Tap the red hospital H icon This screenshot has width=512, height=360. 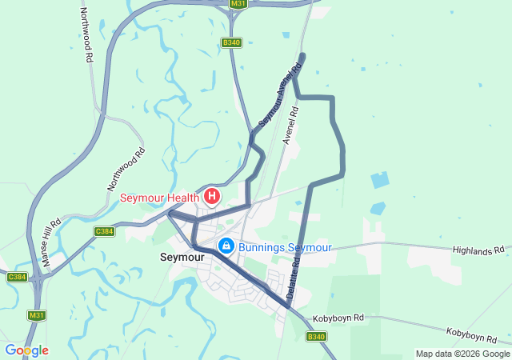[x=212, y=196]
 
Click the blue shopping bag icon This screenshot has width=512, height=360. [x=226, y=246]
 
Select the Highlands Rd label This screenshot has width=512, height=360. [x=478, y=250]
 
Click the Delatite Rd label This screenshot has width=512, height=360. [x=294, y=274]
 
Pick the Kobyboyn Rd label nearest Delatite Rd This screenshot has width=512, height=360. [x=338, y=318]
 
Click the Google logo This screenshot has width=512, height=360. [x=26, y=350]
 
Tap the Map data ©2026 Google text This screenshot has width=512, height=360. [x=462, y=354]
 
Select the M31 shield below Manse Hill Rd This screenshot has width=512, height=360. [x=37, y=315]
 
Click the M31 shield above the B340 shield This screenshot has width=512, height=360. [x=238, y=4]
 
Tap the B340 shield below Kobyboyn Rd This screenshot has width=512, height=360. [x=316, y=337]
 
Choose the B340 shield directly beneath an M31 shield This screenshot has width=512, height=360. [x=232, y=42]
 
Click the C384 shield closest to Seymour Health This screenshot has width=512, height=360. [x=104, y=231]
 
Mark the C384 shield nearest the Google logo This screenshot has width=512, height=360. [x=17, y=277]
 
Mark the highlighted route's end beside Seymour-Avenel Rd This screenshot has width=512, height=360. [x=302, y=55]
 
